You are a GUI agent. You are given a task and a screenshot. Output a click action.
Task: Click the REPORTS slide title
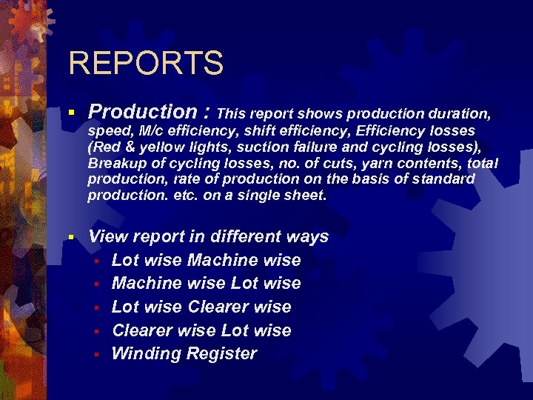point(145,63)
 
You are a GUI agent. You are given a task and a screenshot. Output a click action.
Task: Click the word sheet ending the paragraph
point(308,196)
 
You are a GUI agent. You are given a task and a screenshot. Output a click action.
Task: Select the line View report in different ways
point(208,237)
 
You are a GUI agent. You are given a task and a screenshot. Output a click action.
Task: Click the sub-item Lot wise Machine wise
point(206,260)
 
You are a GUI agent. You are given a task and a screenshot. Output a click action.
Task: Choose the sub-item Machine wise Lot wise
point(206,283)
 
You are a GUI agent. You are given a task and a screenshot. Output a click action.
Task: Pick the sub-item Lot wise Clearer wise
point(201,307)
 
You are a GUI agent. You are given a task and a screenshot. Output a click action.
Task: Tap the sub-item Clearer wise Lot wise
point(201,330)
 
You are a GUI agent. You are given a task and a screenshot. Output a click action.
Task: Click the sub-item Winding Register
point(184,353)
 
